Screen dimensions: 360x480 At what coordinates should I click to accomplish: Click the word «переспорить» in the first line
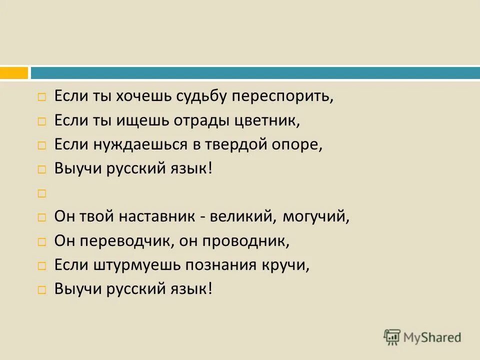point(283,96)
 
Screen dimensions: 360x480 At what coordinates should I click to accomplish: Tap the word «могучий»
point(315,217)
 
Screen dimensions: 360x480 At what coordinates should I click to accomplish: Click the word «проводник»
point(246,241)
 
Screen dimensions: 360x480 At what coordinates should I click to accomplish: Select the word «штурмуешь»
point(138,265)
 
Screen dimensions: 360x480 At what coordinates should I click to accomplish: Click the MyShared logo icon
point(392,336)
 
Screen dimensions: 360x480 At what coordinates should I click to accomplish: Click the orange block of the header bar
point(14,73)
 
